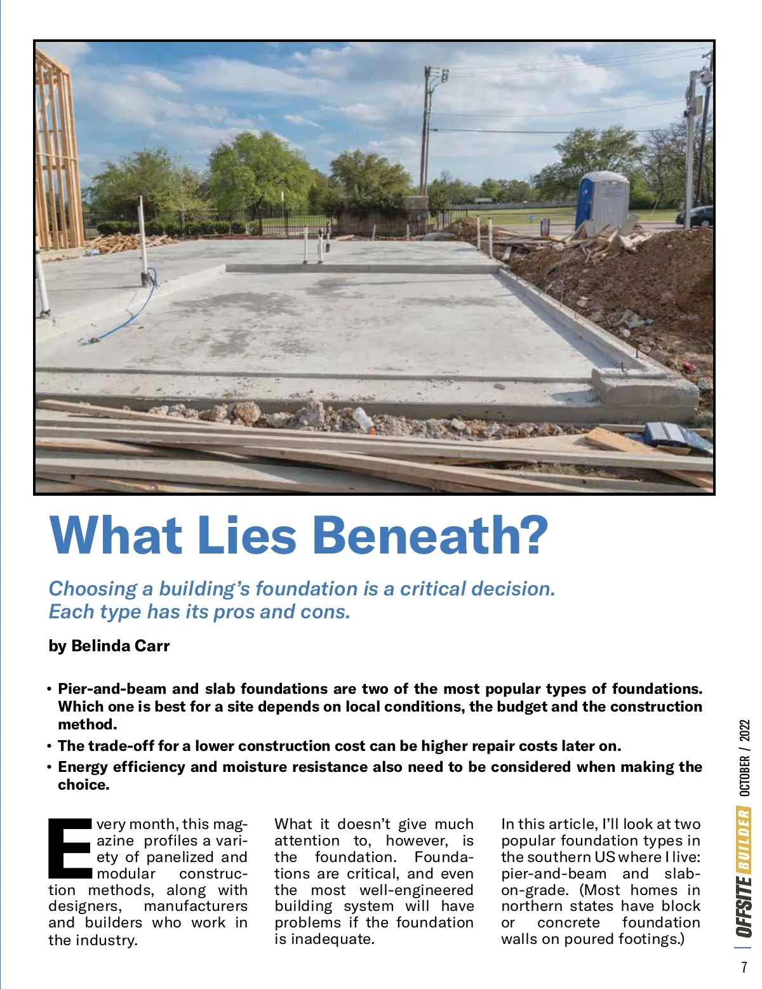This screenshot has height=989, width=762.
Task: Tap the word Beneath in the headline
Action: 429,535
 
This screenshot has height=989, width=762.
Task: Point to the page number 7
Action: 744,967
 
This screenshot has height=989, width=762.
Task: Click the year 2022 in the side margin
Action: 744,730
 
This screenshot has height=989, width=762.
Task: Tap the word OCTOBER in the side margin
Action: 744,776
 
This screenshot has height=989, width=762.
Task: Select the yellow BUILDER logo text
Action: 744,839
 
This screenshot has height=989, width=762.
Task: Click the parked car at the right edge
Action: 696,216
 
